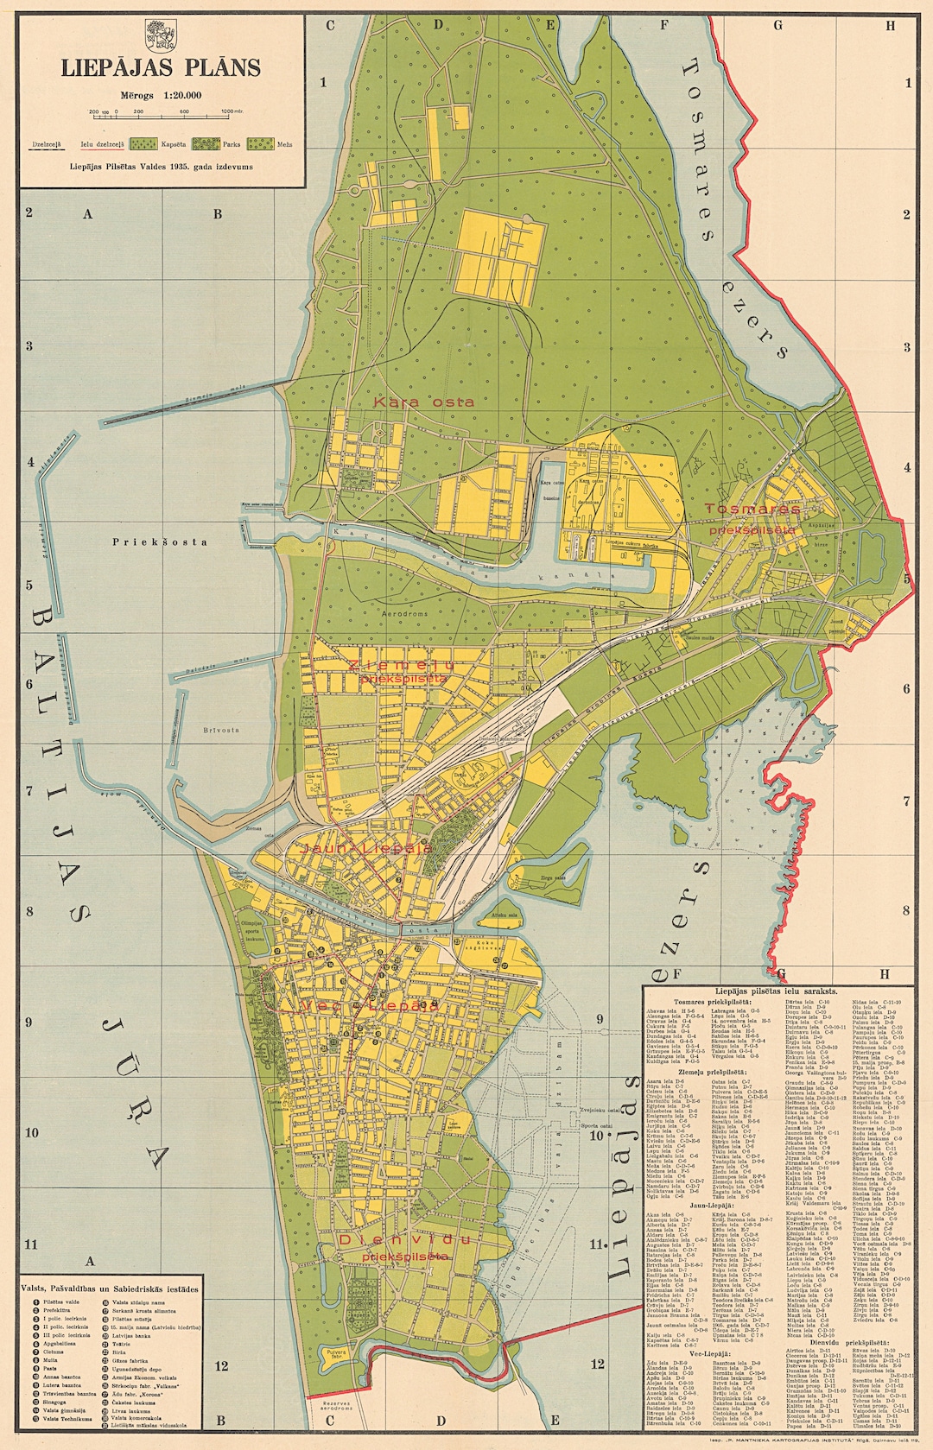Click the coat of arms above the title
161,37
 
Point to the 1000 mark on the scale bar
228,112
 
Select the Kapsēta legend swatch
143,144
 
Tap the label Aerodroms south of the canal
405,613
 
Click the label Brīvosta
221,730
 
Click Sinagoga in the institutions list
54,1402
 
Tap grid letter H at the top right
890,25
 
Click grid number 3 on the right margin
907,347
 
